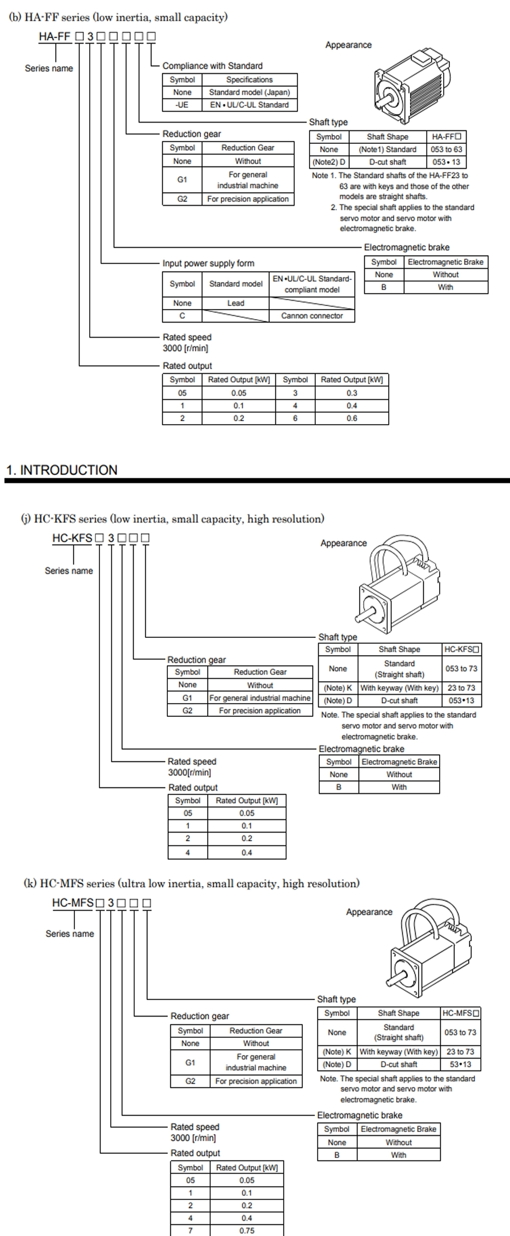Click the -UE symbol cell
pos(182,105)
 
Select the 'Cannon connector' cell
pos(312,316)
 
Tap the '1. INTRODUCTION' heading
pos(62,470)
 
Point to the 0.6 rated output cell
pos(352,418)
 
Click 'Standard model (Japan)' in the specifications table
pos(249,92)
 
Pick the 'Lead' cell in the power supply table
pos(236,303)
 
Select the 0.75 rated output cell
pos(247,1230)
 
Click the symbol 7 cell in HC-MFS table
pos(190,1230)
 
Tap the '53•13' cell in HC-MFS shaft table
pos(460,1064)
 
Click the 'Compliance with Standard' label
pos(213,66)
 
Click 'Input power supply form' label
pos(208,263)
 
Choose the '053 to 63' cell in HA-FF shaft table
pos(446,149)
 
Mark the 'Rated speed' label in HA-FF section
pos(187,337)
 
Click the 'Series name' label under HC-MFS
pos(70,934)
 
